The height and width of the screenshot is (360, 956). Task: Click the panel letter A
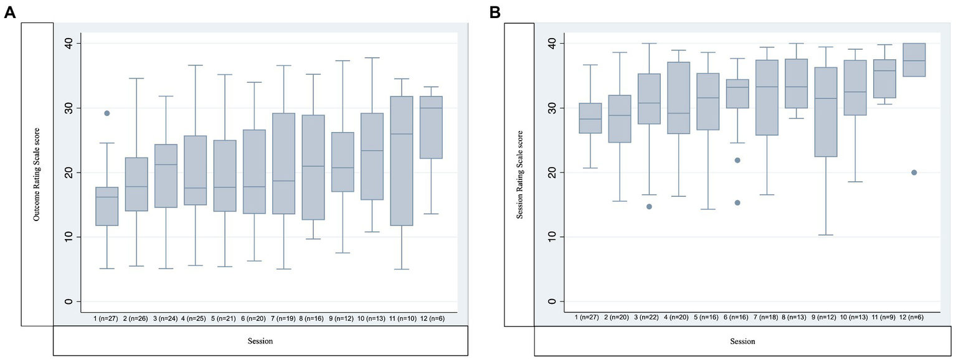tap(9, 12)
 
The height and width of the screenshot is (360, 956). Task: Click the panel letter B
tap(495, 12)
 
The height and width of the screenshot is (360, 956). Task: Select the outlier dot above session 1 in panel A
tap(107, 113)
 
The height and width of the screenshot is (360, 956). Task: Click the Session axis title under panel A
tap(260, 341)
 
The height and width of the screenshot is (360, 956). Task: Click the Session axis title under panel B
tap(742, 341)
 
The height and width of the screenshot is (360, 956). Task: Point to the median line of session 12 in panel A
tap(432, 108)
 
